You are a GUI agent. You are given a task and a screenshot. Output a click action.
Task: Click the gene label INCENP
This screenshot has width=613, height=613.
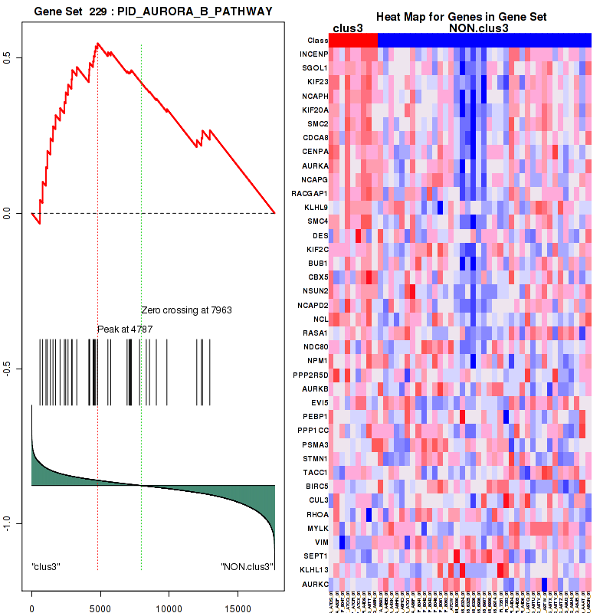[x=314, y=54]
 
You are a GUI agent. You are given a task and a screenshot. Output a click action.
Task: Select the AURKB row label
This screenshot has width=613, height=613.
[x=315, y=388]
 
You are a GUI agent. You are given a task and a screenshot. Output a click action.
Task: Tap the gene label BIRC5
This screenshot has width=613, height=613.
[x=315, y=486]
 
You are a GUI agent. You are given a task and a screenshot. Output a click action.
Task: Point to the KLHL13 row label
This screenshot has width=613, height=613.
[x=313, y=569]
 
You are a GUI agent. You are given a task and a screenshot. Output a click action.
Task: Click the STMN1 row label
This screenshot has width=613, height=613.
[x=315, y=458]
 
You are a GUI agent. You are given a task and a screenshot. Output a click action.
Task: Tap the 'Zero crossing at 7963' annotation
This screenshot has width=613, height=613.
[x=186, y=310]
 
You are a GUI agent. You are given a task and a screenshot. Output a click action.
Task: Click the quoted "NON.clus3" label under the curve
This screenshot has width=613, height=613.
[x=246, y=567]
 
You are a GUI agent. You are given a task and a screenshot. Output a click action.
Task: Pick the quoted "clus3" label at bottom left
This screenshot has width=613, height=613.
[x=46, y=567]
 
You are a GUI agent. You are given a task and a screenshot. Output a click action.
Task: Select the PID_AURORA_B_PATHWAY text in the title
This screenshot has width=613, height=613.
[x=196, y=9]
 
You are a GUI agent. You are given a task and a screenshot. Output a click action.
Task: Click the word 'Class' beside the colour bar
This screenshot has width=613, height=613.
[x=316, y=40]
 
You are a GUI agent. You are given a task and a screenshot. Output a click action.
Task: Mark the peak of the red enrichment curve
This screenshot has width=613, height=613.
[x=97, y=44]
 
